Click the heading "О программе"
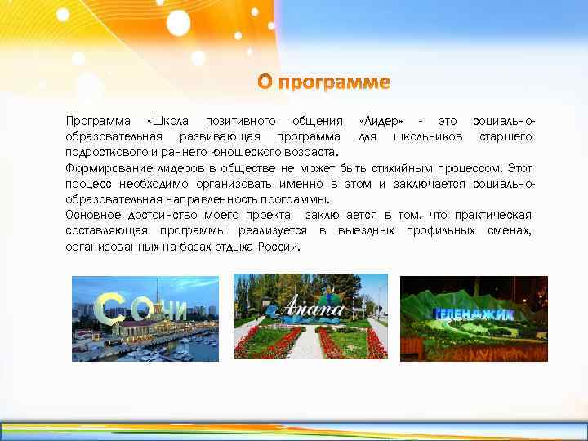324,82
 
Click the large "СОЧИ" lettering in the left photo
139,309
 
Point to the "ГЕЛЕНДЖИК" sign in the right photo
473,314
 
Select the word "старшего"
506,136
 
